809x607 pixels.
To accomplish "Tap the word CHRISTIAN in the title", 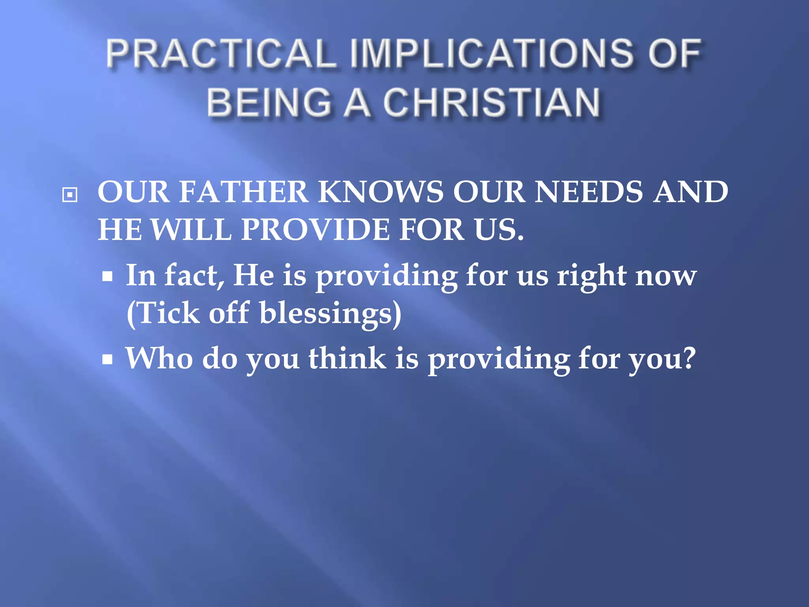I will [491, 102].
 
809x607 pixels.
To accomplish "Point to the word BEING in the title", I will [269, 102].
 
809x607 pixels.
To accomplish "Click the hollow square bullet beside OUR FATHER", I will [70, 194].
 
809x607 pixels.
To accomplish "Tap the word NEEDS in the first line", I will [589, 192].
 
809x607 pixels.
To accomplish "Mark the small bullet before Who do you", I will [107, 360].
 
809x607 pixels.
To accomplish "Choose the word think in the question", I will [347, 358].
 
